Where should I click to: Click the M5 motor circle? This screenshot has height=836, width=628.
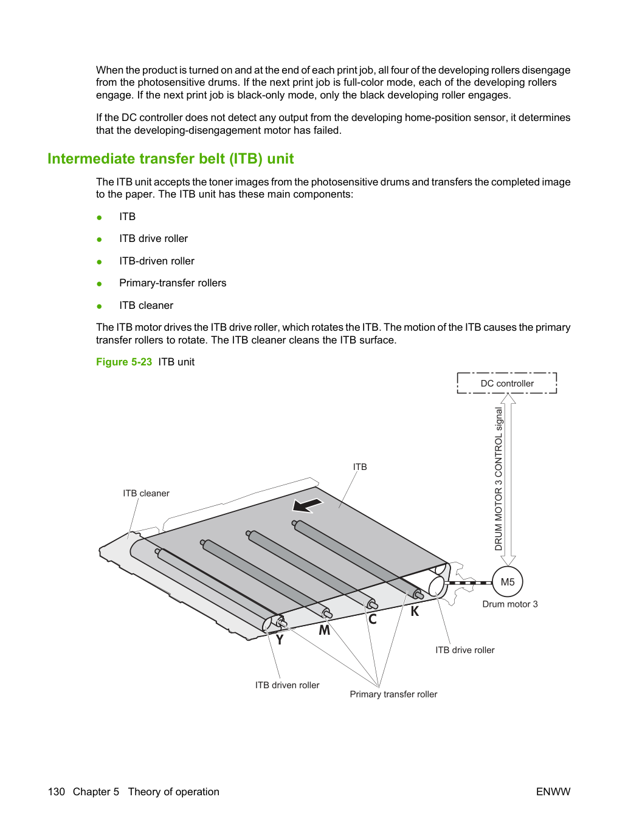pyautogui.click(x=507, y=582)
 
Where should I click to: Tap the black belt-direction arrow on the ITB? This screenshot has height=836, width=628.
pyautogui.click(x=308, y=505)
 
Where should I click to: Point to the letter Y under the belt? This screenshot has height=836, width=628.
pyautogui.click(x=280, y=640)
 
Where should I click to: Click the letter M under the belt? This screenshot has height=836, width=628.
pyautogui.click(x=324, y=630)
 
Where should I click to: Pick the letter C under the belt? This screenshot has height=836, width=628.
pyautogui.click(x=372, y=620)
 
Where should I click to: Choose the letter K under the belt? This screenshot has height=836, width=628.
pyautogui.click(x=415, y=611)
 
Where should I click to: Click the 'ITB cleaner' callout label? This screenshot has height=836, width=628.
pyautogui.click(x=146, y=493)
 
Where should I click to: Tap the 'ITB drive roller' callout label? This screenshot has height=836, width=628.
pyautogui.click(x=464, y=650)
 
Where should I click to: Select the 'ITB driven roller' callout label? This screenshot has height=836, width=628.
pyautogui.click(x=287, y=685)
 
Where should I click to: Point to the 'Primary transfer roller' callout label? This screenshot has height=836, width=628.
pyautogui.click(x=393, y=694)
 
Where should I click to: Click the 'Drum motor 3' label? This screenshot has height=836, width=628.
pyautogui.click(x=510, y=604)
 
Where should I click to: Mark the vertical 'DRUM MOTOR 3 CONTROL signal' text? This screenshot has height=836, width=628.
pyautogui.click(x=499, y=478)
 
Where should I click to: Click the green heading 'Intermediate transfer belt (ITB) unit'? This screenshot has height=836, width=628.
pyautogui.click(x=171, y=159)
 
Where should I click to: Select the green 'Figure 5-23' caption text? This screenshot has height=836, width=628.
pyautogui.click(x=124, y=362)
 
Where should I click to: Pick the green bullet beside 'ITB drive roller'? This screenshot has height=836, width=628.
pyautogui.click(x=100, y=240)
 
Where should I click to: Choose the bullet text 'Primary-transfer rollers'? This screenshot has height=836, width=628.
pyautogui.click(x=173, y=283)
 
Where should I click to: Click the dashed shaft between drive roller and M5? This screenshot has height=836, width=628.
pyautogui.click(x=468, y=582)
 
